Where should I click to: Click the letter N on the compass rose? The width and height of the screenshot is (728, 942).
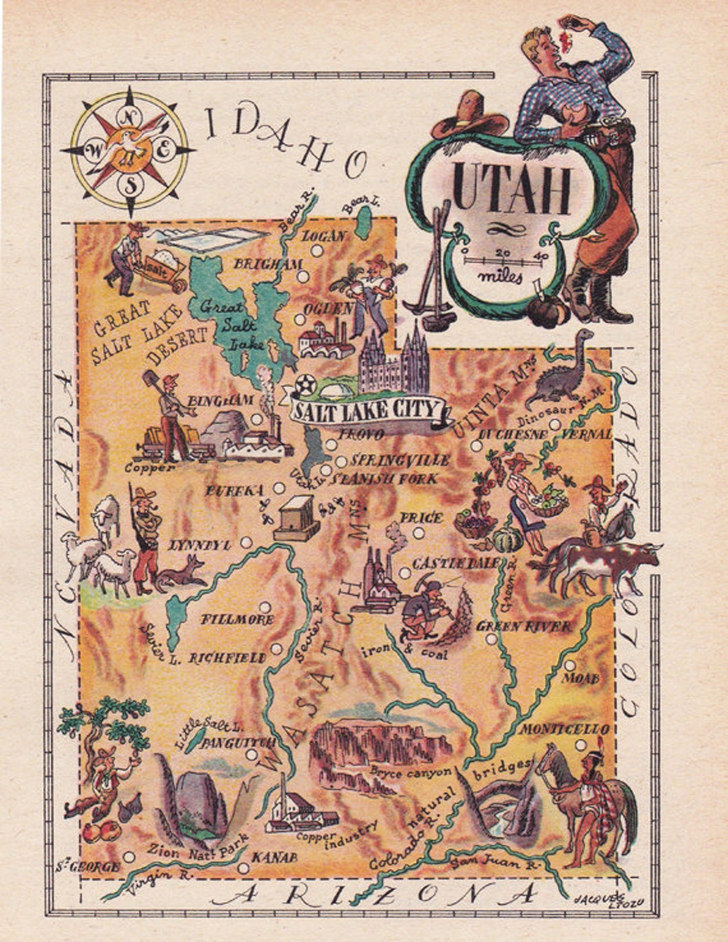pyautogui.click(x=128, y=117)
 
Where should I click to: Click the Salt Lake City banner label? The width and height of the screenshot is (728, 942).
pyautogui.click(x=367, y=410)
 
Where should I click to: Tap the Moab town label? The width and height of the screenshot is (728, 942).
pyautogui.click(x=580, y=678)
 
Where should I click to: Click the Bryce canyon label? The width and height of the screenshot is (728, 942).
pyautogui.click(x=410, y=772)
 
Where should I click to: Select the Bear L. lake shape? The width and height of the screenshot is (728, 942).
pyautogui.click(x=364, y=222)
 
